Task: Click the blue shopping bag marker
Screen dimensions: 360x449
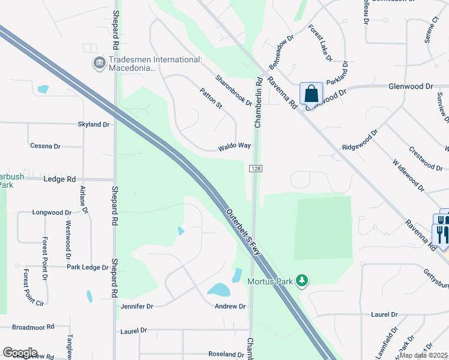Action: [311, 94]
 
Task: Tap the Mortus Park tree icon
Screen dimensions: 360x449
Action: [303, 280]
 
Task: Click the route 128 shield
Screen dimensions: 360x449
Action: [255, 170]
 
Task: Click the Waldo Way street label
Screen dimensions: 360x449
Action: [234, 146]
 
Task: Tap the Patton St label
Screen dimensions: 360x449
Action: [211, 98]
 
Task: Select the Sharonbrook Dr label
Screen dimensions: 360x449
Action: [234, 91]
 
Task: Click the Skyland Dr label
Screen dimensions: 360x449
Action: [94, 124]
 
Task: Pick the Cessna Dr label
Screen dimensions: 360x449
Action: [46, 146]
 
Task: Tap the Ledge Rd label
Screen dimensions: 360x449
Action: [59, 179]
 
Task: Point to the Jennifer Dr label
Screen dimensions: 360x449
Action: [137, 306]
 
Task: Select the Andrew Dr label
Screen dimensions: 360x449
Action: [231, 306]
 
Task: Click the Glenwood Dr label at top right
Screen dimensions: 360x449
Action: [411, 86]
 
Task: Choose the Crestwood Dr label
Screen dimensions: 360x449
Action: [425, 157]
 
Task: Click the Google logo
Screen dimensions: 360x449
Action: [20, 353]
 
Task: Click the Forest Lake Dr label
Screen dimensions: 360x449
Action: [321, 43]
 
